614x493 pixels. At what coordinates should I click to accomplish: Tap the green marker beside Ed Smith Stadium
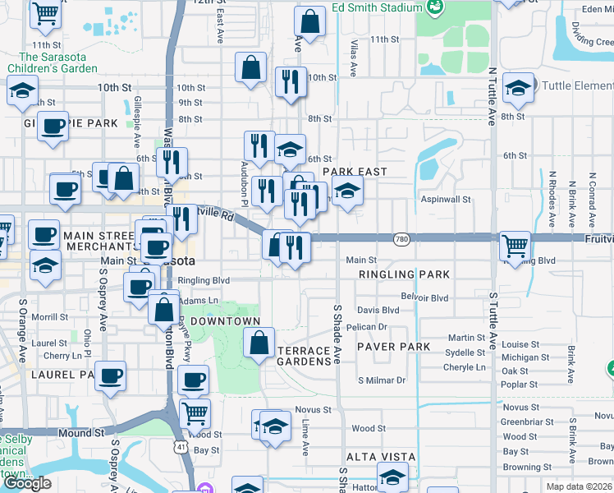click(x=436, y=7)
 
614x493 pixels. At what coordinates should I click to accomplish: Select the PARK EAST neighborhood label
click(x=354, y=171)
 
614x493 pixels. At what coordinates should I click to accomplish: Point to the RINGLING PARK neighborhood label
click(x=399, y=274)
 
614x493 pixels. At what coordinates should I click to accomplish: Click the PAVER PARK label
click(x=393, y=347)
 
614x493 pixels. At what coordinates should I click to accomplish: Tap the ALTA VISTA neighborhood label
click(x=381, y=457)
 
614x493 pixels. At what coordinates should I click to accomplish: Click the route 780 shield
click(x=401, y=238)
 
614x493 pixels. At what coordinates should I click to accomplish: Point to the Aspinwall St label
click(x=445, y=200)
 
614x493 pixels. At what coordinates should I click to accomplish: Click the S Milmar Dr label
click(x=382, y=380)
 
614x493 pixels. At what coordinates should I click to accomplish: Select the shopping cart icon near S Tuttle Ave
click(x=515, y=245)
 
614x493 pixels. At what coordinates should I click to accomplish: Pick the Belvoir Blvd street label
click(x=425, y=297)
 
